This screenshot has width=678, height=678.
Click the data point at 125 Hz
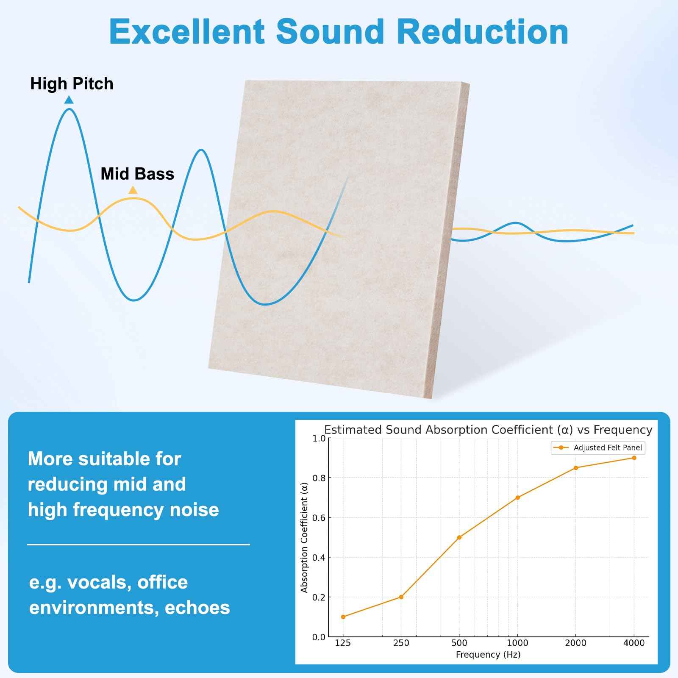(343, 617)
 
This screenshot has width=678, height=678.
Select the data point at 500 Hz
(459, 537)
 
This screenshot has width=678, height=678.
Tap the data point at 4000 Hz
(634, 458)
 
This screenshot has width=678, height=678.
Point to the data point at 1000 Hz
(518, 497)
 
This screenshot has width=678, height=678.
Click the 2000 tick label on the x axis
(575, 643)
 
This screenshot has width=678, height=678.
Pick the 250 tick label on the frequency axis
(401, 643)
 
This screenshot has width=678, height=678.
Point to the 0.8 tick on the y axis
(319, 478)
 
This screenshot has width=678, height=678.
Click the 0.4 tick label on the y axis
(319, 558)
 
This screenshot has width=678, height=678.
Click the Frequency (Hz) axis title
(488, 655)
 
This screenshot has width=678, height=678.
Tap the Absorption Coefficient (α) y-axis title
(304, 537)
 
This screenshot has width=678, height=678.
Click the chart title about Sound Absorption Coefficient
(488, 430)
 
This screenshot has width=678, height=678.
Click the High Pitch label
(72, 84)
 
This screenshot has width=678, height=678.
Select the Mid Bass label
(137, 174)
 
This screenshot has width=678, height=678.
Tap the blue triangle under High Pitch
(69, 100)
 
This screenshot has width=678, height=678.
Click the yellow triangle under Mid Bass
(133, 190)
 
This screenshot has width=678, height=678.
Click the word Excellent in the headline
(187, 32)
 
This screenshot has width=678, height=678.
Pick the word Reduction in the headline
(483, 32)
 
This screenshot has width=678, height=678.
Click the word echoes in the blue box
(197, 608)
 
